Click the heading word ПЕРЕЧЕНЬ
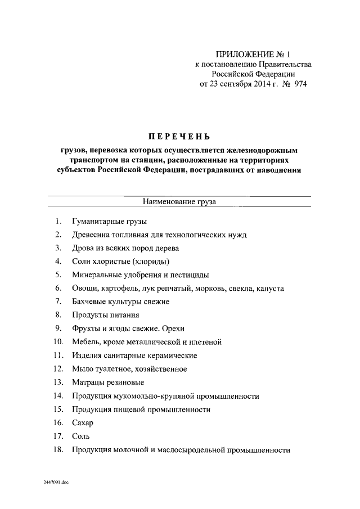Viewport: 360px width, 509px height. click(179, 137)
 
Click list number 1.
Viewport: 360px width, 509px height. click(58, 221)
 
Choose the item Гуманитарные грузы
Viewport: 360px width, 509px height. click(109, 222)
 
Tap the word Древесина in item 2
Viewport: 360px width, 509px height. click(91, 235)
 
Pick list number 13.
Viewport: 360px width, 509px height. click(57, 382)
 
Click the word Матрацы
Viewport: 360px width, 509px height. click(88, 382)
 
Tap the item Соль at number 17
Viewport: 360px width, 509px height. click(81, 436)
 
